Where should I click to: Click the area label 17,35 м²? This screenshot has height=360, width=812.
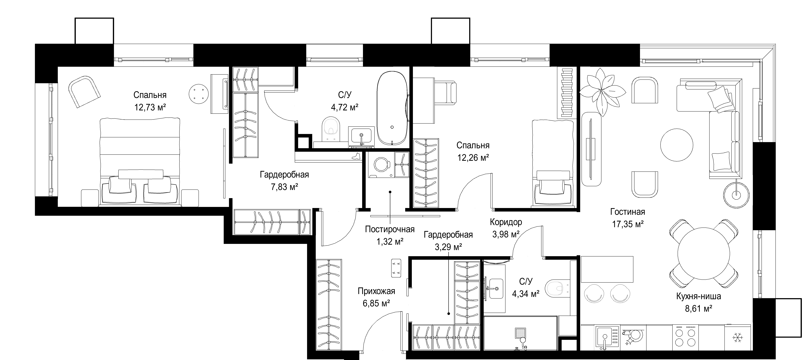[x=628, y=224]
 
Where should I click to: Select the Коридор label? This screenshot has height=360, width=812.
[x=506, y=222]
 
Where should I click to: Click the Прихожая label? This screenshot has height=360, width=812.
[x=376, y=291]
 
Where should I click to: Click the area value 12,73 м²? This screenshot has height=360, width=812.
[x=150, y=107]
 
